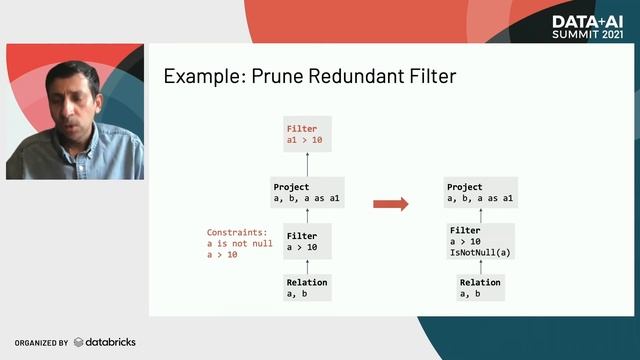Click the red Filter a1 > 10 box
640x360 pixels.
[306, 135]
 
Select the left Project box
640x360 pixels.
[307, 193]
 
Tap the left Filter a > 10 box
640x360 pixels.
[306, 241]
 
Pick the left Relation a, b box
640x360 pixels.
[306, 288]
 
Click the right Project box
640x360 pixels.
[479, 193]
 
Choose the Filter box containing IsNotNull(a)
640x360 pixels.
[479, 241]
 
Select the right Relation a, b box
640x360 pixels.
[479, 288]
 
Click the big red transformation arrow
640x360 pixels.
[390, 204]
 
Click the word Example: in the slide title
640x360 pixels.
[199, 75]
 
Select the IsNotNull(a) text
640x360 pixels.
[479, 252]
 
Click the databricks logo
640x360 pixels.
[104, 342]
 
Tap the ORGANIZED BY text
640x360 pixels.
[41, 343]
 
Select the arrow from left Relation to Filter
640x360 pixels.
[306, 266]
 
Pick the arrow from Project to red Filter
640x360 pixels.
[306, 165]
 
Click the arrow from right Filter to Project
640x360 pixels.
[479, 216]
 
